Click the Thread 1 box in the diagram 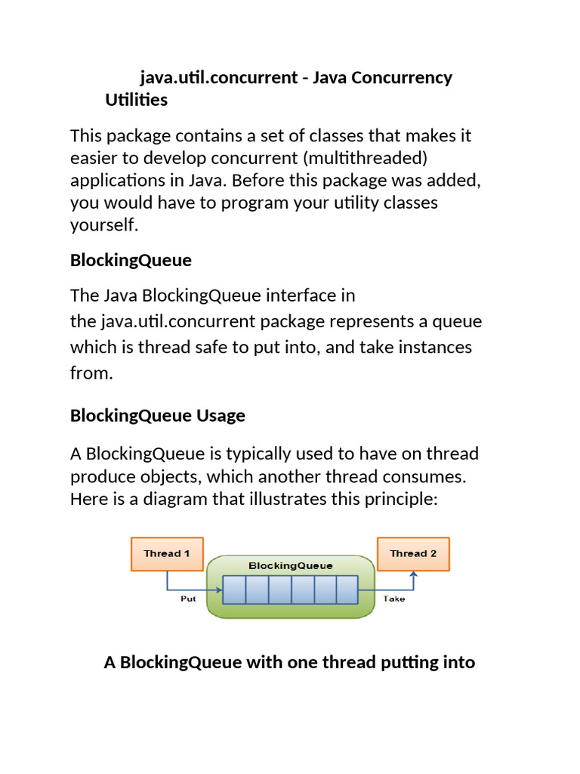(166, 553)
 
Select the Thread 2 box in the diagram (413, 553)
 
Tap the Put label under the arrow (188, 599)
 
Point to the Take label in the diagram (393, 599)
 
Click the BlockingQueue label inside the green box (290, 565)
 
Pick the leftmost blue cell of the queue (234, 589)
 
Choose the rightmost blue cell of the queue (346, 589)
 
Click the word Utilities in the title (137, 100)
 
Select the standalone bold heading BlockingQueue (131, 261)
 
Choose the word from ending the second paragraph (91, 373)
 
